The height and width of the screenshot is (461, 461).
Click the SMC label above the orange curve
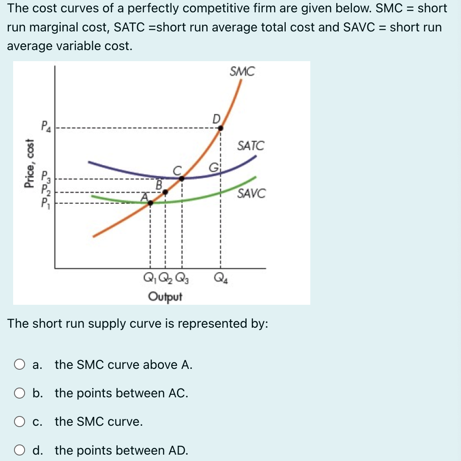tap(242, 72)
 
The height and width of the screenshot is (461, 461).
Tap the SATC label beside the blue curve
tap(250, 146)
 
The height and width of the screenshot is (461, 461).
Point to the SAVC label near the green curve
tap(251, 194)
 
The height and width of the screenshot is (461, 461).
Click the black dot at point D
tap(220, 127)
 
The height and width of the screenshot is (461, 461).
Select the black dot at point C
tap(182, 179)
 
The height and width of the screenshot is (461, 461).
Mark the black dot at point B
tap(166, 192)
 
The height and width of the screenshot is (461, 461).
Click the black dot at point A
tap(150, 203)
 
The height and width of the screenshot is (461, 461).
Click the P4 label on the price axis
tap(45, 127)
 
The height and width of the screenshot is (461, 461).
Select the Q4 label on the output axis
tap(220, 279)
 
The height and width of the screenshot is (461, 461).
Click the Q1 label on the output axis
tap(150, 279)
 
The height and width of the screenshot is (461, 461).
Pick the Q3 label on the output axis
tap(182, 279)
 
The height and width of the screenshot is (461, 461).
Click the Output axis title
tap(165, 296)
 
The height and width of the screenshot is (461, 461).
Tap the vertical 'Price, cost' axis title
tap(29, 163)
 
